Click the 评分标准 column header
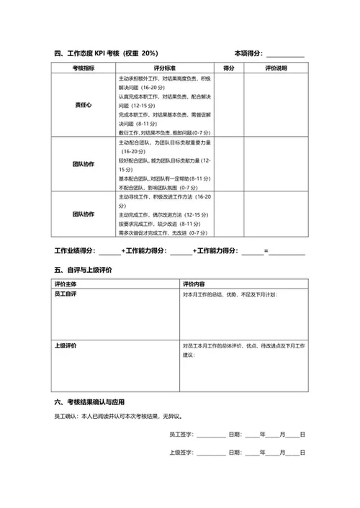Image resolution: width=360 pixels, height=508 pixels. tap(165, 68)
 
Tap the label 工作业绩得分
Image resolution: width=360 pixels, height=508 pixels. tap(75, 250)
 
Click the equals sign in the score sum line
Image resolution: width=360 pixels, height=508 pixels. tap(266, 250)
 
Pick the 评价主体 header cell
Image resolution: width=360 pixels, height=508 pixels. tap(66, 284)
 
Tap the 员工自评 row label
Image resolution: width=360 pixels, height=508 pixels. tap(66, 295)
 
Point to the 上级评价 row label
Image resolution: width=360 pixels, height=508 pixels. tap(66, 346)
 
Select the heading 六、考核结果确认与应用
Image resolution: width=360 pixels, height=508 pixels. tap(93, 402)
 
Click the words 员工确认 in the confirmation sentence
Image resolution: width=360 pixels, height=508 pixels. tap(66, 416)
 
